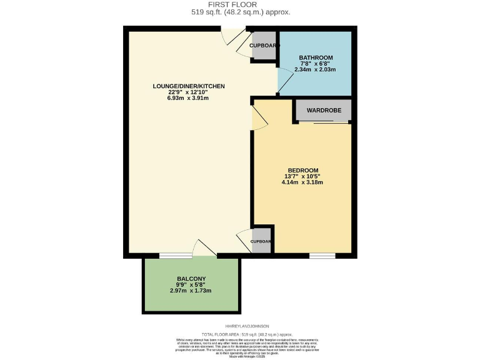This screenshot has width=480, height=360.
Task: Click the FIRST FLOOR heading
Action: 240,4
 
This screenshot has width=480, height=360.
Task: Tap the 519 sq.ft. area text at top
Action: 240,12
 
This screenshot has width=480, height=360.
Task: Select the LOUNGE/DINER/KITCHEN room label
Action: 188,86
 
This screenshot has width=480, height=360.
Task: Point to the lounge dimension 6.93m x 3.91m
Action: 188,99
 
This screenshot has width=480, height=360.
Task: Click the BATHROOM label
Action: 316,57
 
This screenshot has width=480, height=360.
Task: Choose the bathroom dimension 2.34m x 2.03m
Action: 316,69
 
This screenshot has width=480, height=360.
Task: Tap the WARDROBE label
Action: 323,110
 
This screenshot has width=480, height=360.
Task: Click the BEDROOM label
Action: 303,171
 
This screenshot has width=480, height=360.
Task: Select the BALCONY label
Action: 191,279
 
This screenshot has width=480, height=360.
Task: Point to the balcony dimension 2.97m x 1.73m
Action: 191,291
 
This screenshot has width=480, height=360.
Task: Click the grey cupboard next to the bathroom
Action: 263,46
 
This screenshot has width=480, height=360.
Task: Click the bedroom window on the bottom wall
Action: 322,256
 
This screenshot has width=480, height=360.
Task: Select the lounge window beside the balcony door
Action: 176,256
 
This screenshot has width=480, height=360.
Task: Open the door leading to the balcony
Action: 204,249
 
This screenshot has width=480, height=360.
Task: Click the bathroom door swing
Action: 284,81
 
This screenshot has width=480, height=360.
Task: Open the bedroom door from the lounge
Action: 258,117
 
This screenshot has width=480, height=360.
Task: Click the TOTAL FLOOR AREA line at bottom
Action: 240,335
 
